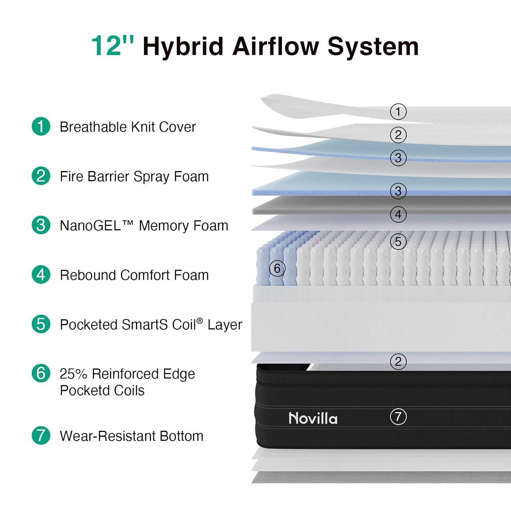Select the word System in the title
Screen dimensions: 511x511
pos(373,47)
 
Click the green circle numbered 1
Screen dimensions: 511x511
pos(41,126)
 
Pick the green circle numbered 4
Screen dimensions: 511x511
pos(41,275)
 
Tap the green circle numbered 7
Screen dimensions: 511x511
pos(41,435)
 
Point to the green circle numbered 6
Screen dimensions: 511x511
pos(41,373)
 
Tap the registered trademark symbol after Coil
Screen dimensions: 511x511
pos(200,321)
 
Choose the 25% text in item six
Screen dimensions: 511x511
pos(74,374)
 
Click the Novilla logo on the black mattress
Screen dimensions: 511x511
pos(313,418)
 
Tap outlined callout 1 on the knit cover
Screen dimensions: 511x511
pos(398,112)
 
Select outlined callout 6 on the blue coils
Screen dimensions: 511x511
pos(277,268)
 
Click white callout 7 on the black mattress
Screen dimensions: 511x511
pos(398,417)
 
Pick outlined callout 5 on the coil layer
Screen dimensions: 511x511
pos(398,242)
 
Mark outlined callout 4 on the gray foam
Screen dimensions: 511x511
pos(398,215)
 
